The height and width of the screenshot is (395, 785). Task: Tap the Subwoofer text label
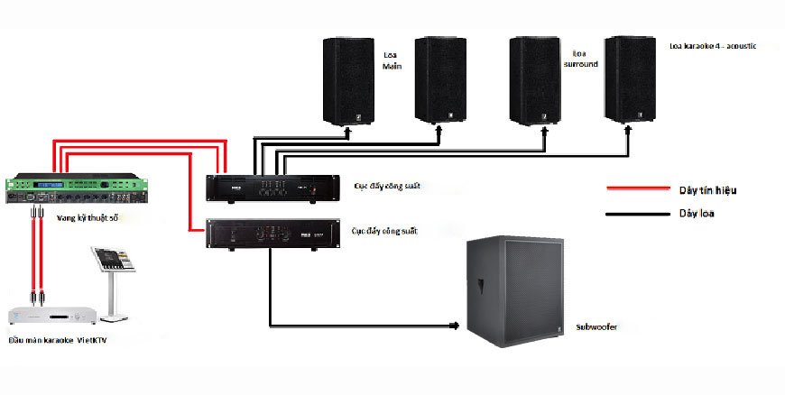click(597, 327)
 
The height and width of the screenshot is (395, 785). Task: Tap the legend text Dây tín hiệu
click(707, 190)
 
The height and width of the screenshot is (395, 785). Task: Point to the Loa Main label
click(392, 60)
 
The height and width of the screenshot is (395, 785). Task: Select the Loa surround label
click(580, 59)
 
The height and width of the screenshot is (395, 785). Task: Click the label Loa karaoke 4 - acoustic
click(712, 45)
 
